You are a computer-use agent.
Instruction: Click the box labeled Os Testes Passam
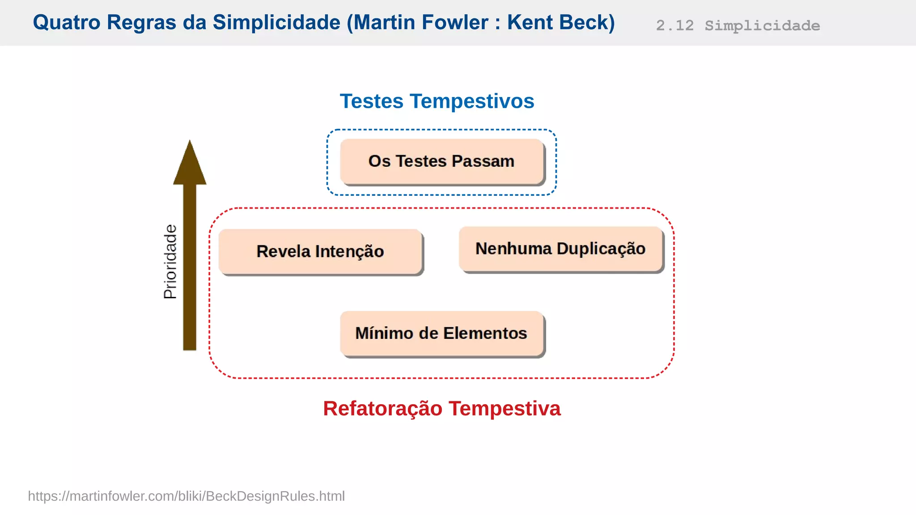pos(441,161)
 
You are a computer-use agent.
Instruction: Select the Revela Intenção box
pos(320,251)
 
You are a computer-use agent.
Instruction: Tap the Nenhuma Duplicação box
pos(560,249)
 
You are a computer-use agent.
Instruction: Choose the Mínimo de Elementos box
pos(441,333)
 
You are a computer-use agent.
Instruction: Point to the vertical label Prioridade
pos(170,262)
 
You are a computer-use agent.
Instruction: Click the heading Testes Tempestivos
pos(437,101)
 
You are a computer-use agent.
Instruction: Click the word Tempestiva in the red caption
pos(505,409)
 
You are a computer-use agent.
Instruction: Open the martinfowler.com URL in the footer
pos(186,496)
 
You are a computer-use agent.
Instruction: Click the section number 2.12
pos(674,25)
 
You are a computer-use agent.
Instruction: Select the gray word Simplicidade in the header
pos(762,25)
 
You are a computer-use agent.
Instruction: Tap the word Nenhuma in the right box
pos(513,249)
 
